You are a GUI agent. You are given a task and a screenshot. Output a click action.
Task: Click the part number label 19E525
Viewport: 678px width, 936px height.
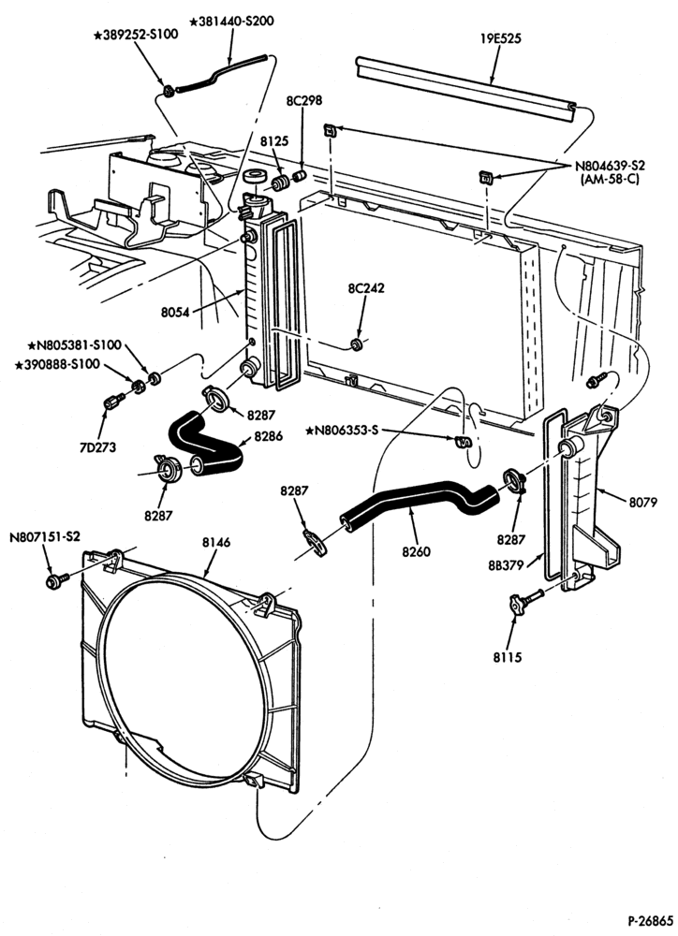tap(501, 38)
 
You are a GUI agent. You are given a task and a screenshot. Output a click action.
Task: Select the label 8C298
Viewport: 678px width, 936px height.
tap(303, 100)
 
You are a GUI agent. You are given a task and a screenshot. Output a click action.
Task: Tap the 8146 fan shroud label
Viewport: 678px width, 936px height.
tap(216, 543)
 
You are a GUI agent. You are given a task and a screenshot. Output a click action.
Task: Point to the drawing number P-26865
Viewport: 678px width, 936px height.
tap(651, 920)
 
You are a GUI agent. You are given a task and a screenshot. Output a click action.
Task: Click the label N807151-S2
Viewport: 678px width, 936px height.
tap(45, 536)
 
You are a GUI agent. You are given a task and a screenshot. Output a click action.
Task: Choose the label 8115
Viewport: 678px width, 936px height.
tap(508, 657)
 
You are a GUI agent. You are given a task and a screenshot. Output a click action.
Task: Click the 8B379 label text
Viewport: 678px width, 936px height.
tap(506, 564)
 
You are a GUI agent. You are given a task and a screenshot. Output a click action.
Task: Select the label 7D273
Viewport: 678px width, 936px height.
tap(96, 447)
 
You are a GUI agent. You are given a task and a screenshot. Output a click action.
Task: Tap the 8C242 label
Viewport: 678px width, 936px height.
tap(366, 288)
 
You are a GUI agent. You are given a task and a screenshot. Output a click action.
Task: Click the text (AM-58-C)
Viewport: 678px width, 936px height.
tap(610, 179)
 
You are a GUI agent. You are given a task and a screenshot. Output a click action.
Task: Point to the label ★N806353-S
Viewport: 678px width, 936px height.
tap(342, 430)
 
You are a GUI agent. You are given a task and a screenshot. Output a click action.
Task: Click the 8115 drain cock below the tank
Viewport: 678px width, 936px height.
tap(524, 601)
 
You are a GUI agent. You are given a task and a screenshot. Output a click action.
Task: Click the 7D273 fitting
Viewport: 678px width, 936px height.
tap(113, 402)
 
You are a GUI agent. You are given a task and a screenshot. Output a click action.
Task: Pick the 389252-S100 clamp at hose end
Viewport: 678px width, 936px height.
tap(169, 92)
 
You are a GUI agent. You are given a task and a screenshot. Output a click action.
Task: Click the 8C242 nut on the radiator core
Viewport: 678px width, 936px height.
tap(357, 345)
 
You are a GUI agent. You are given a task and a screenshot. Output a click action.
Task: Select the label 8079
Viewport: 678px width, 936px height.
tap(642, 503)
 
